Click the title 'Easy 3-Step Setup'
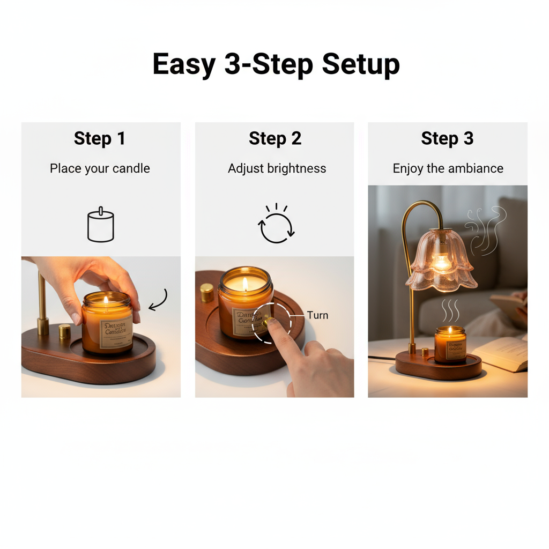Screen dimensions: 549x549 click(276, 65)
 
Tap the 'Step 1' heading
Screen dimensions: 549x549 click(100, 138)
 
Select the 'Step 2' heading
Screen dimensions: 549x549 click(275, 138)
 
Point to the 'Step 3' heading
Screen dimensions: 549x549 click(447, 138)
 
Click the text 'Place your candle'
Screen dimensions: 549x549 click(100, 168)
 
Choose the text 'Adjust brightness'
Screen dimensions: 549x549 click(277, 168)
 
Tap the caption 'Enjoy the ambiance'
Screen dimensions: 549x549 click(448, 168)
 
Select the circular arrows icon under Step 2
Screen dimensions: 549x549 click(277, 226)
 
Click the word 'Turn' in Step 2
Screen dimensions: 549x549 click(317, 315)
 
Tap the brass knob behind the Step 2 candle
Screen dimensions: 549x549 click(206, 293)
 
